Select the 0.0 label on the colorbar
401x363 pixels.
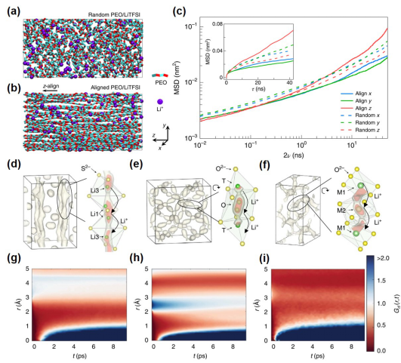point(386,349)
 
